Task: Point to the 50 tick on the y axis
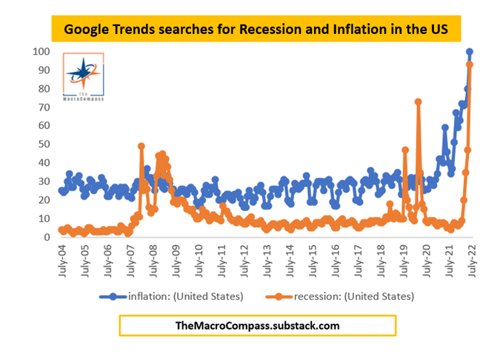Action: (42, 144)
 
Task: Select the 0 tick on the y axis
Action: (45, 237)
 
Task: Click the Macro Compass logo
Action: (84, 78)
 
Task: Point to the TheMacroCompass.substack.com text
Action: (257, 324)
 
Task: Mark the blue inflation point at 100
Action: (470, 52)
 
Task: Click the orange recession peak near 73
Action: (418, 102)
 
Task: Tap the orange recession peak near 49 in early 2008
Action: (141, 147)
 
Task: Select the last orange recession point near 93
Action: (470, 65)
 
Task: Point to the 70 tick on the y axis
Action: (42, 107)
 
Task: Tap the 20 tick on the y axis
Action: (42, 200)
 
